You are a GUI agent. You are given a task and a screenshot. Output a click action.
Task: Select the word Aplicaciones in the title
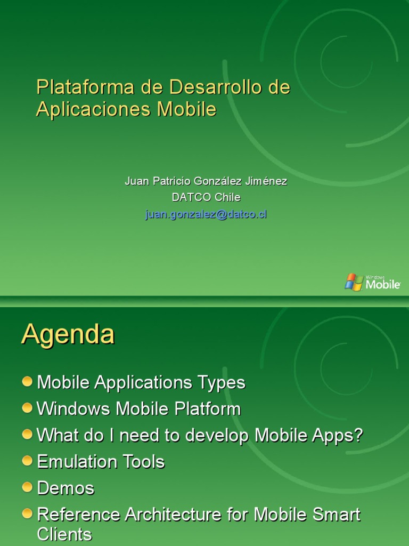(x=94, y=109)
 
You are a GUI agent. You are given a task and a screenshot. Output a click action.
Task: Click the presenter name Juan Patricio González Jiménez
(x=206, y=181)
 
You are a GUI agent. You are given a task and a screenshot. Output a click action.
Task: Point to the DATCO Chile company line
(x=206, y=197)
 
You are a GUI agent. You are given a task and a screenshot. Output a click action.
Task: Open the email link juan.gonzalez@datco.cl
(x=206, y=214)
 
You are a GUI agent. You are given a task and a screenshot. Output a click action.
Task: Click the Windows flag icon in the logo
(x=354, y=282)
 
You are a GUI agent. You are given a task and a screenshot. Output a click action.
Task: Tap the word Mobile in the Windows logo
(x=382, y=285)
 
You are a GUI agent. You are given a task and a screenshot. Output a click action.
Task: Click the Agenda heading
(x=68, y=335)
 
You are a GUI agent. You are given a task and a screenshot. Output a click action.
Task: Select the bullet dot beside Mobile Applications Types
(x=28, y=381)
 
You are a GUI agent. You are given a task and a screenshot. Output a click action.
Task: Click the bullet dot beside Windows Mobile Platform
(x=28, y=408)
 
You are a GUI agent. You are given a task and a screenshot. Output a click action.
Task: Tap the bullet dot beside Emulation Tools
(x=28, y=460)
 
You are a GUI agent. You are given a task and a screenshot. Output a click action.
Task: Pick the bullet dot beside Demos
(x=28, y=486)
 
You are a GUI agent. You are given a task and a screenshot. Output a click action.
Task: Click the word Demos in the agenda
(x=66, y=488)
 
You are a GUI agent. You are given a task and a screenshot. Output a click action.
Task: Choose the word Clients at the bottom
(x=64, y=534)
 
